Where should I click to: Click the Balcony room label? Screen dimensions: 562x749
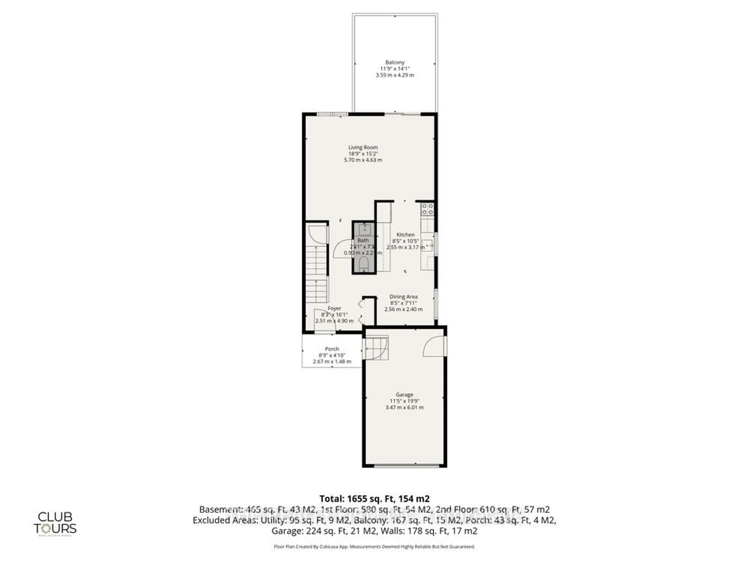tap(395, 62)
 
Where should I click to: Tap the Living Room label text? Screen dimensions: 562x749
tap(363, 147)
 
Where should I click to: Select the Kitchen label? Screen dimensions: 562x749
tap(405, 234)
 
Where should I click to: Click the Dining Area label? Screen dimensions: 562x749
tap(403, 296)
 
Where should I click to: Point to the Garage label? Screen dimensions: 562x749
tap(404, 395)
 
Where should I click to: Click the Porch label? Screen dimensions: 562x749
tap(332, 349)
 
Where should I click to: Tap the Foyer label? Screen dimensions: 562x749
tap(334, 308)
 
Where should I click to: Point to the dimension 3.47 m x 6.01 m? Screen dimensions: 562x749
tap(404, 407)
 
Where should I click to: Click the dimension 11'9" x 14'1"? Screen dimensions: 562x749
tap(395, 69)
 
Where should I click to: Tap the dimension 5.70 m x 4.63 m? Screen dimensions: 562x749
tap(363, 160)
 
